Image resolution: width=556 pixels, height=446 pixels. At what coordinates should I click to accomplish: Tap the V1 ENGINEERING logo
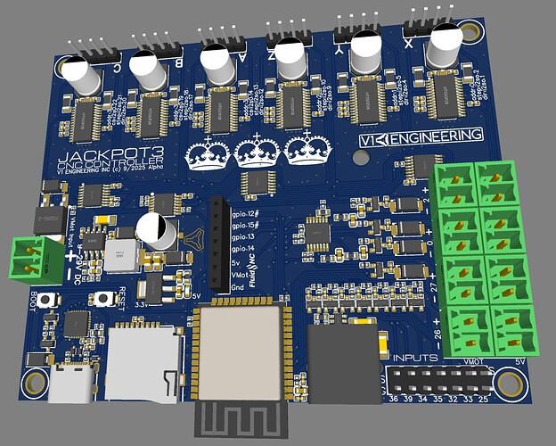(x=420, y=137)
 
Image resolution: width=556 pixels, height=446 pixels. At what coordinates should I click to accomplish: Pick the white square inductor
(x=119, y=255)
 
